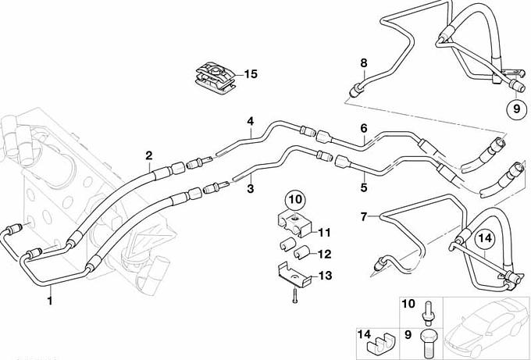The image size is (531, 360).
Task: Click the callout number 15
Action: pyautogui.click(x=250, y=74)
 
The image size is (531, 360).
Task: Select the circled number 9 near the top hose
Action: pyautogui.click(x=516, y=109)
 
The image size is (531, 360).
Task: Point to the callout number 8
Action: pyautogui.click(x=363, y=62)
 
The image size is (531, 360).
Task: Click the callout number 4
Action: pyautogui.click(x=251, y=121)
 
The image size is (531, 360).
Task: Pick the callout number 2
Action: pyautogui.click(x=148, y=155)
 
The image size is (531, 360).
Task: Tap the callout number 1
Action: pyautogui.click(x=50, y=299)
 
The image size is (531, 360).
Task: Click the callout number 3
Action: pyautogui.click(x=251, y=188)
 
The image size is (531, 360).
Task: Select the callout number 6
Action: pyautogui.click(x=363, y=128)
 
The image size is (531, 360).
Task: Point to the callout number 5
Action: pyautogui.click(x=363, y=188)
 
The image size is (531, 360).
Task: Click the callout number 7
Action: pyautogui.click(x=363, y=215)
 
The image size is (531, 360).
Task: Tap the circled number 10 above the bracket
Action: pyautogui.click(x=295, y=201)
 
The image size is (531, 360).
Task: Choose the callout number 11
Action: pyautogui.click(x=324, y=231)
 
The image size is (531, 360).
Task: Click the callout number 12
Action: pyautogui.click(x=324, y=253)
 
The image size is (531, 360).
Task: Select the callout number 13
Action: pyautogui.click(x=324, y=275)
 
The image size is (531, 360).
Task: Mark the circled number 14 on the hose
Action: pyautogui.click(x=485, y=240)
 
